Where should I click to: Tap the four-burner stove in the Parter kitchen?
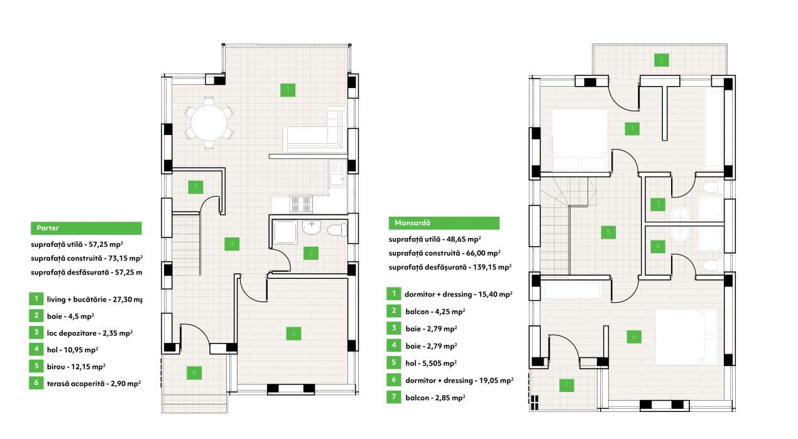coord(301,205)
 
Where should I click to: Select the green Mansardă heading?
coord(444,223)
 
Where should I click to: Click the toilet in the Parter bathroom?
coord(337,229)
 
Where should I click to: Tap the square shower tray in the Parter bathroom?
coord(286,231)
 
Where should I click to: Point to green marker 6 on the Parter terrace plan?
coord(194,373)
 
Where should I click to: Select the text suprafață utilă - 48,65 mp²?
coord(435,239)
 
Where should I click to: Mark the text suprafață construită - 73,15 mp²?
coord(86,258)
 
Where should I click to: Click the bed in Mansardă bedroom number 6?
coord(687,336)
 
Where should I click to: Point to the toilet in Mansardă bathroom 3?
coord(710,187)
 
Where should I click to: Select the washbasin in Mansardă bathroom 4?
coord(679,234)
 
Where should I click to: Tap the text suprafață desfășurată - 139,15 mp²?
coord(450,268)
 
